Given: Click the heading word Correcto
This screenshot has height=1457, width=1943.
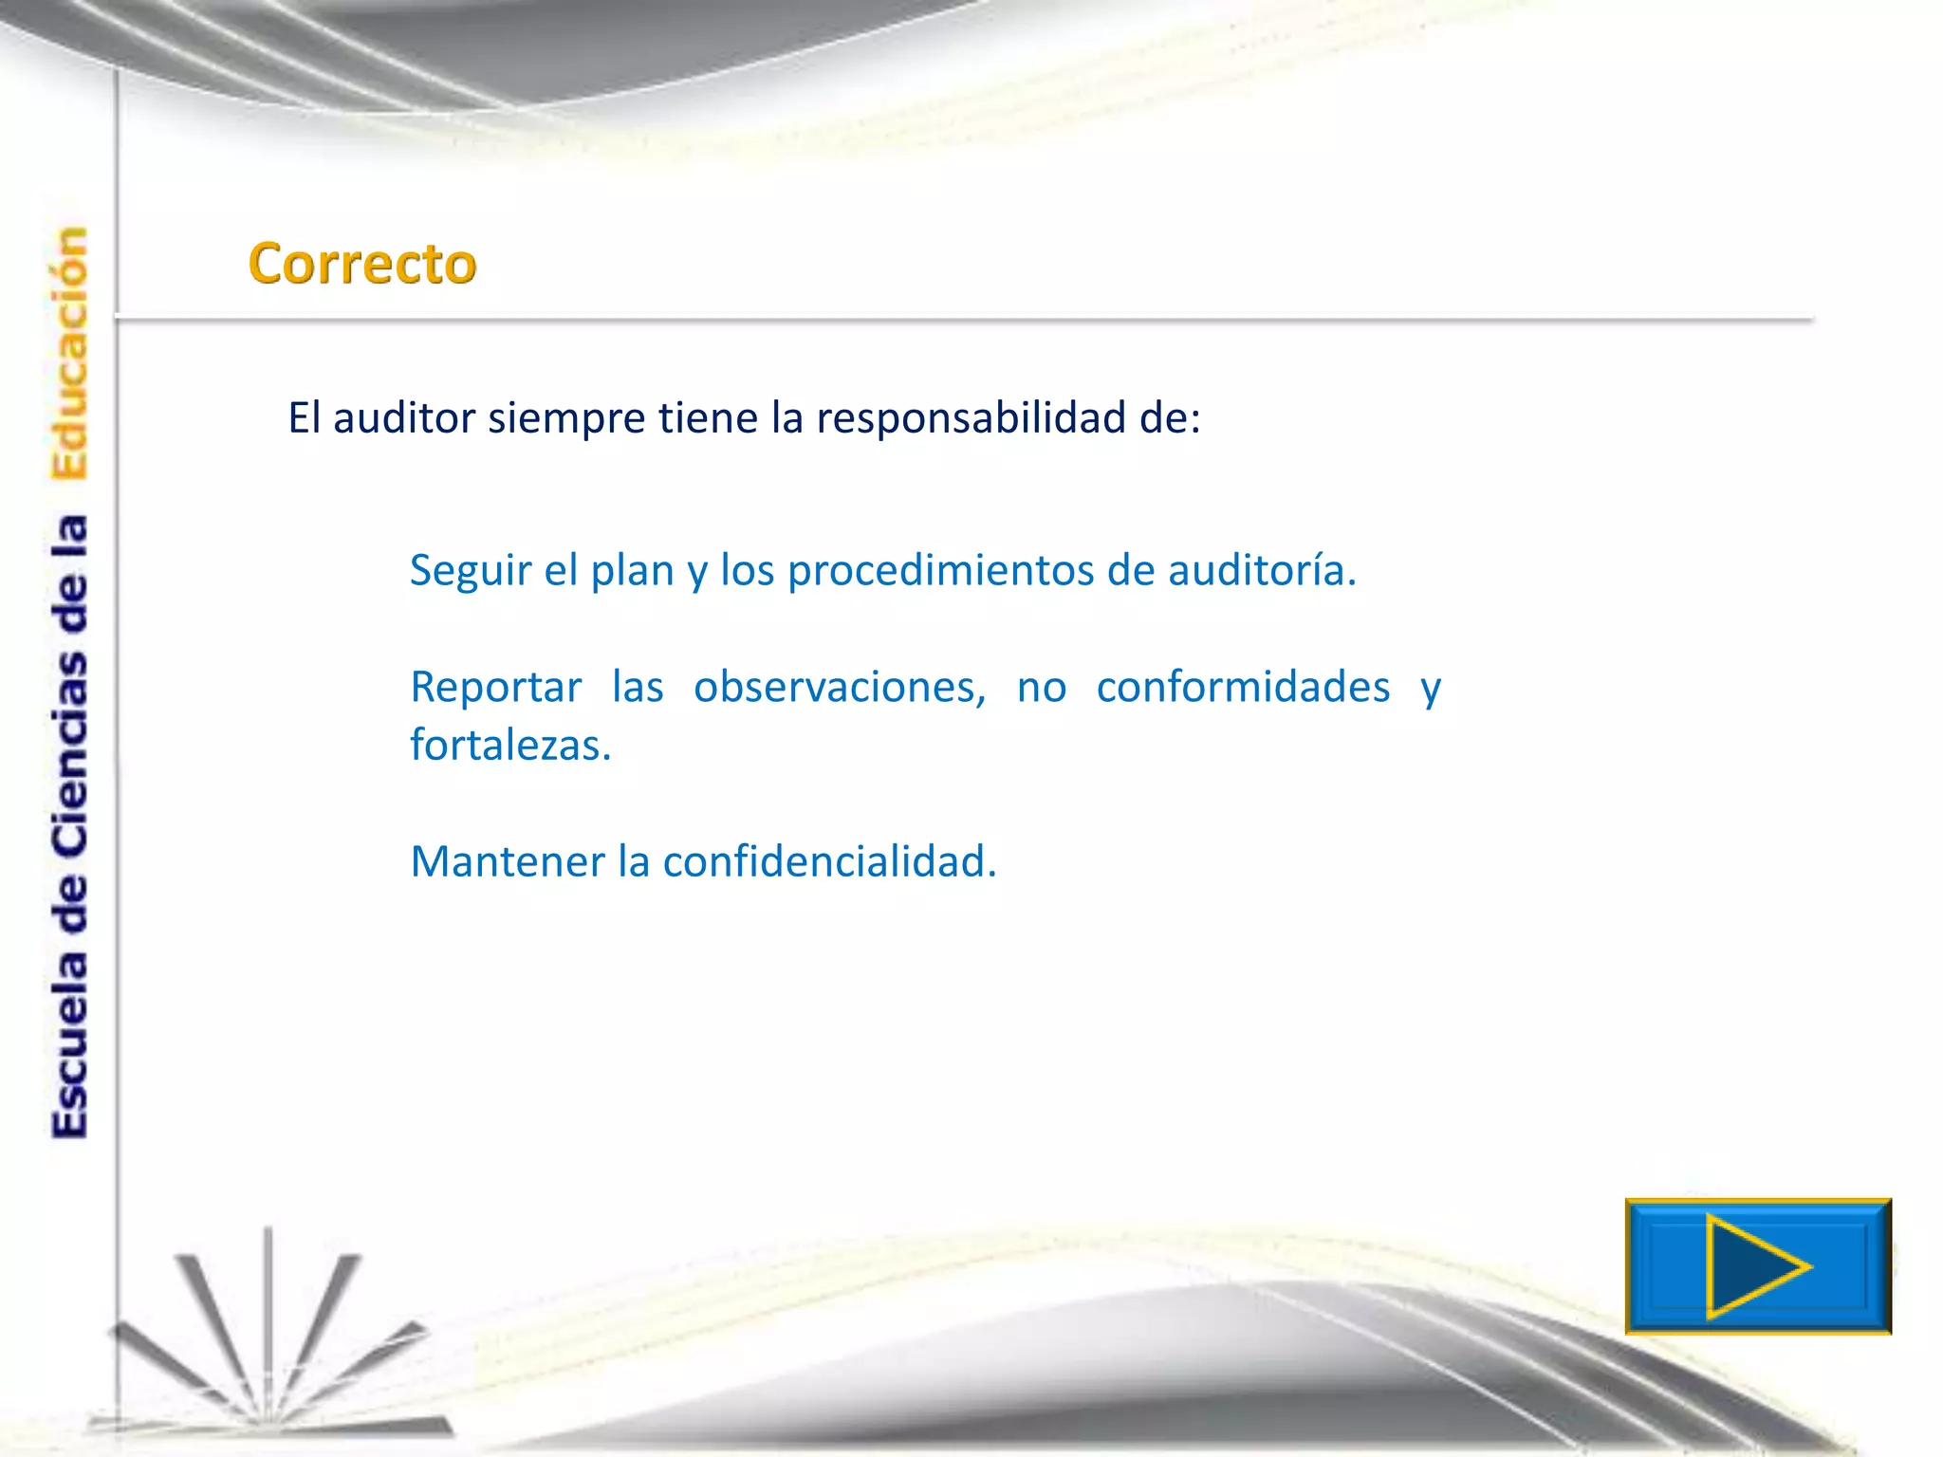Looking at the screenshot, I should (x=361, y=264).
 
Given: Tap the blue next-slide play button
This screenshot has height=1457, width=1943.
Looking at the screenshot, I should (x=1757, y=1266).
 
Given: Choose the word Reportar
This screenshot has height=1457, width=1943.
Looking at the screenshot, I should (x=495, y=688).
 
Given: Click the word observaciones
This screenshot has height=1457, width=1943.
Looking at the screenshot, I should (x=840, y=688).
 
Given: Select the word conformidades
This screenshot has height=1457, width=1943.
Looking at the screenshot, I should (x=1243, y=688).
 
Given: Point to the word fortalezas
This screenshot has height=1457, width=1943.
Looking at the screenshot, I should (x=509, y=746).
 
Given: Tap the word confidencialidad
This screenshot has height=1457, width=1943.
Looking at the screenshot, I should (x=829, y=862).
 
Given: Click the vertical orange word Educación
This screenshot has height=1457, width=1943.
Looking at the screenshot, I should (x=69, y=353).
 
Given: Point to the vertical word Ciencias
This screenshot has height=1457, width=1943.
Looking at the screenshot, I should (x=69, y=754).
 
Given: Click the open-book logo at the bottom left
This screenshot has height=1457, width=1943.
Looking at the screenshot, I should (x=270, y=1347).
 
